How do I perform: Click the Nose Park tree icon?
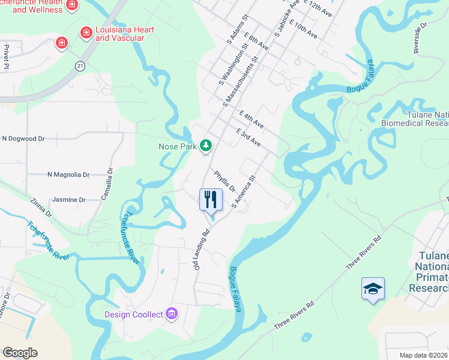pyautogui.click(x=206, y=145)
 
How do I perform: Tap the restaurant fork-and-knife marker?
pyautogui.click(x=211, y=200)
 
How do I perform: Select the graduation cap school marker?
pyautogui.click(x=373, y=289)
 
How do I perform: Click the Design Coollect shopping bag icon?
pyautogui.click(x=172, y=313)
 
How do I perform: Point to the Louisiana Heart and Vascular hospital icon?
pyautogui.click(x=86, y=31)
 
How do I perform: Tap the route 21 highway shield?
pyautogui.click(x=79, y=65)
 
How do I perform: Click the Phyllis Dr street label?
pyautogui.click(x=224, y=181)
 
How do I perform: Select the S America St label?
pyautogui.click(x=244, y=191)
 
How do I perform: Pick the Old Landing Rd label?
pyautogui.click(x=200, y=249)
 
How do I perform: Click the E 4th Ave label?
pyautogui.click(x=250, y=119)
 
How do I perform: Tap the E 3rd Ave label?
pyautogui.click(x=248, y=137)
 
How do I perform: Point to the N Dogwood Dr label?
pyautogui.click(x=23, y=138)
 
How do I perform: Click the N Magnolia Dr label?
pyautogui.click(x=68, y=175)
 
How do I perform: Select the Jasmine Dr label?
pyautogui.click(x=69, y=199)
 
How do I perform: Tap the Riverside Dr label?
pyautogui.click(x=419, y=38)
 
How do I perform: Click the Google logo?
pyautogui.click(x=20, y=352)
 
